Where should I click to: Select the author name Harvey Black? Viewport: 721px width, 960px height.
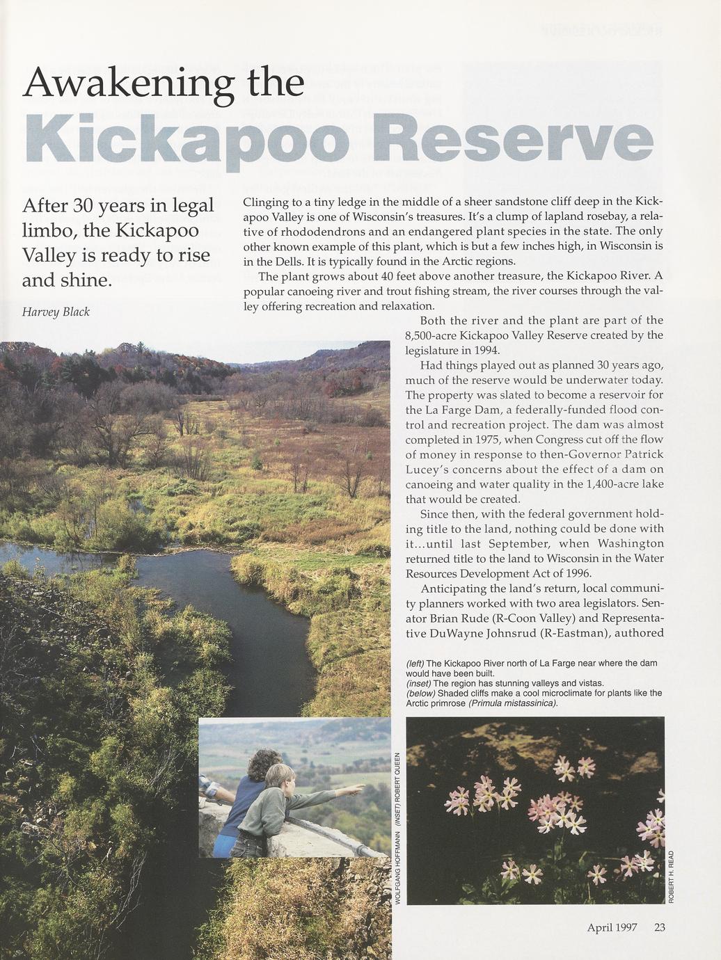pyautogui.click(x=56, y=312)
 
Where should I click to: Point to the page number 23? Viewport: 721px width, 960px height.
pyautogui.click(x=660, y=927)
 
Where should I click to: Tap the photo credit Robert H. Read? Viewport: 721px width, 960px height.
pyautogui.click(x=671, y=877)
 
